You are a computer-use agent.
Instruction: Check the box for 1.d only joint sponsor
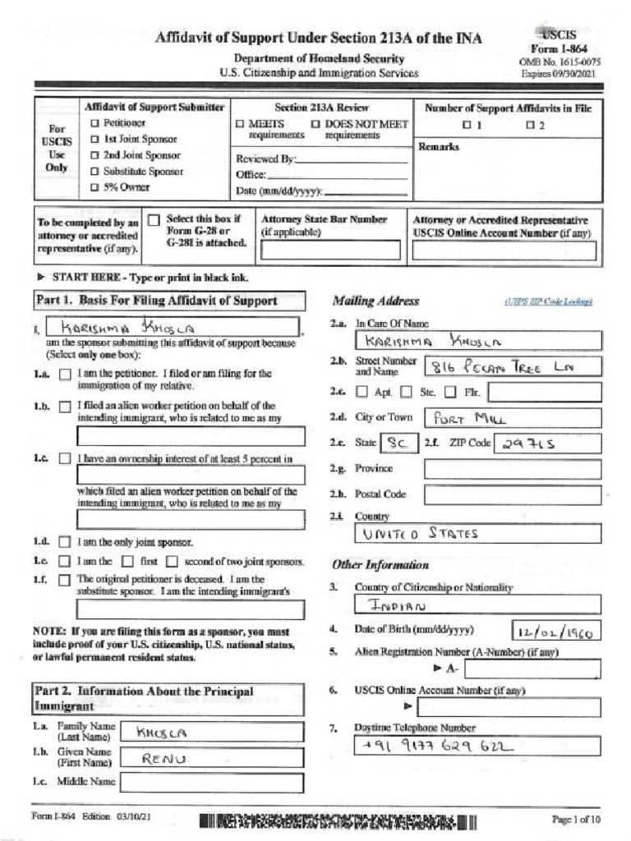pos(65,543)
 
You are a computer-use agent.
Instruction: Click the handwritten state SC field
pos(399,443)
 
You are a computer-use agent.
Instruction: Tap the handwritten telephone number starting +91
pos(436,747)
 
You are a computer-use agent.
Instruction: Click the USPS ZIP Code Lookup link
pos(561,302)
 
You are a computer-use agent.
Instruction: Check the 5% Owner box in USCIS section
pos(94,188)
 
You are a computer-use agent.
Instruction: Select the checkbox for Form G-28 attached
pos(154,220)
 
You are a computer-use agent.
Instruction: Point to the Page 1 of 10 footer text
pos(576,820)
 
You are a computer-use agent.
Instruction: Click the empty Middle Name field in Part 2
pos(211,783)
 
